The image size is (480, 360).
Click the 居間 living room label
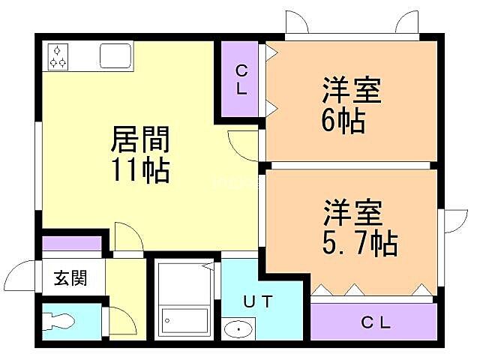pos(140,139)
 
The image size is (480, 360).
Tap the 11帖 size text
pos(140,171)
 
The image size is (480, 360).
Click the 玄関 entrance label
pos(70,279)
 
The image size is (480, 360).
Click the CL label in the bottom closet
pos(376,323)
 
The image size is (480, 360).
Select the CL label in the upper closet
pos(241,79)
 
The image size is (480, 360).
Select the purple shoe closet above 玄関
pos(72,243)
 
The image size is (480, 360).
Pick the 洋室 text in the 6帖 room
pos(352,90)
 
